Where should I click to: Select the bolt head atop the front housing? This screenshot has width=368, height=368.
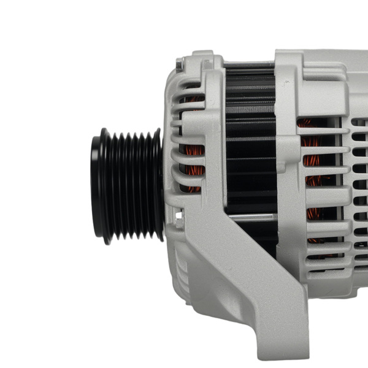180,63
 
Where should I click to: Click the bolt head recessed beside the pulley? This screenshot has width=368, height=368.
178,215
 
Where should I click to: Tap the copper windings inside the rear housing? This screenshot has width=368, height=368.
313,178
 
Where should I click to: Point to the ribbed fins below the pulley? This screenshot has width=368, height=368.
178,264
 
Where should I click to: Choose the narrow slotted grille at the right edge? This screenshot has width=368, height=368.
361,184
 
